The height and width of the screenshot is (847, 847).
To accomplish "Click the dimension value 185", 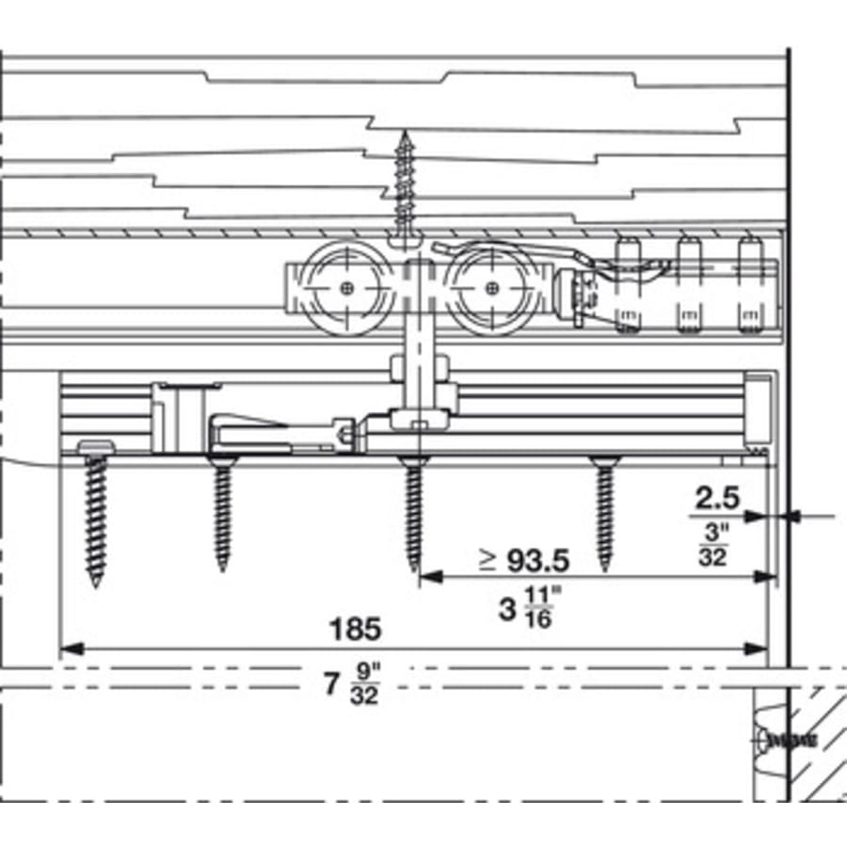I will click(x=355, y=629).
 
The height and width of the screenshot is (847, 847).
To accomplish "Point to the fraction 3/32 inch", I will click(x=712, y=545).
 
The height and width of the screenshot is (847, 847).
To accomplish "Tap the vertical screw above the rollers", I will click(x=407, y=184).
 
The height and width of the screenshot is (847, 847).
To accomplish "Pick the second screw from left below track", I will click(x=222, y=513).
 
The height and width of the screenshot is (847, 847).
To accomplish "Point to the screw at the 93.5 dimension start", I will click(x=413, y=513).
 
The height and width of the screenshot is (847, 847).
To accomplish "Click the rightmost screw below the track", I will click(x=603, y=513).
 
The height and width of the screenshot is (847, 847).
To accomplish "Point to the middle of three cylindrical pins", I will click(x=689, y=282).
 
